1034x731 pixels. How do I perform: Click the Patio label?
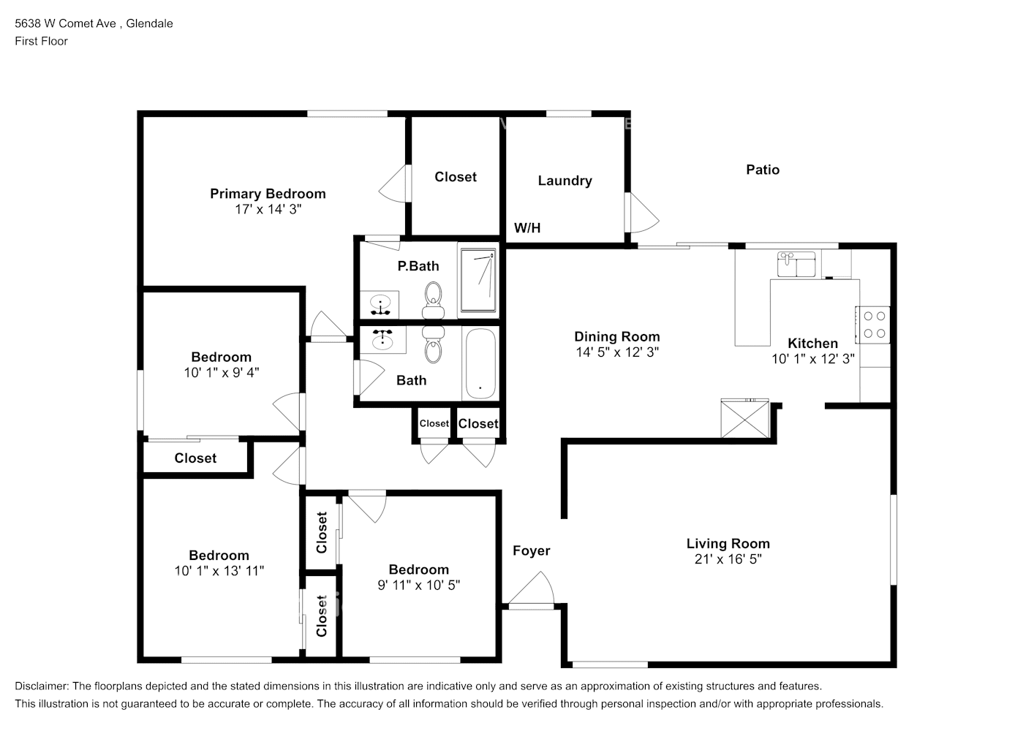(x=763, y=170)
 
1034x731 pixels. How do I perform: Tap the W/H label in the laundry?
(x=527, y=228)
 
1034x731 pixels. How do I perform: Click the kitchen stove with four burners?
(x=874, y=325)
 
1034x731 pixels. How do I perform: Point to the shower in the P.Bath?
(x=478, y=280)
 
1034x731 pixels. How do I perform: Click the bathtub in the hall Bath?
(x=480, y=363)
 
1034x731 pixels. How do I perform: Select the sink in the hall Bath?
(x=382, y=339)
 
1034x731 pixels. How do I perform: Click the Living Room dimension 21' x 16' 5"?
(x=728, y=559)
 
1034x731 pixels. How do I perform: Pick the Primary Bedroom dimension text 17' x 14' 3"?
(x=268, y=209)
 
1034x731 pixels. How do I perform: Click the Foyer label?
(x=532, y=551)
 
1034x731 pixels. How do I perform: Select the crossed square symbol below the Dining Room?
(x=744, y=419)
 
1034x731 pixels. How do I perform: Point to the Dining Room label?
(x=616, y=337)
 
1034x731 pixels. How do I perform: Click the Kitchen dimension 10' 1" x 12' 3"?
(x=812, y=359)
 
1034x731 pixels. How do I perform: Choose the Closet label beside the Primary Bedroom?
(x=455, y=177)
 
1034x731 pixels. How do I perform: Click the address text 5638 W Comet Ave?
(x=65, y=23)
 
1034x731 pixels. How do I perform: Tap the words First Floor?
(x=41, y=41)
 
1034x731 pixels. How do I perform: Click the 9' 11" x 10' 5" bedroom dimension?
(x=418, y=585)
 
